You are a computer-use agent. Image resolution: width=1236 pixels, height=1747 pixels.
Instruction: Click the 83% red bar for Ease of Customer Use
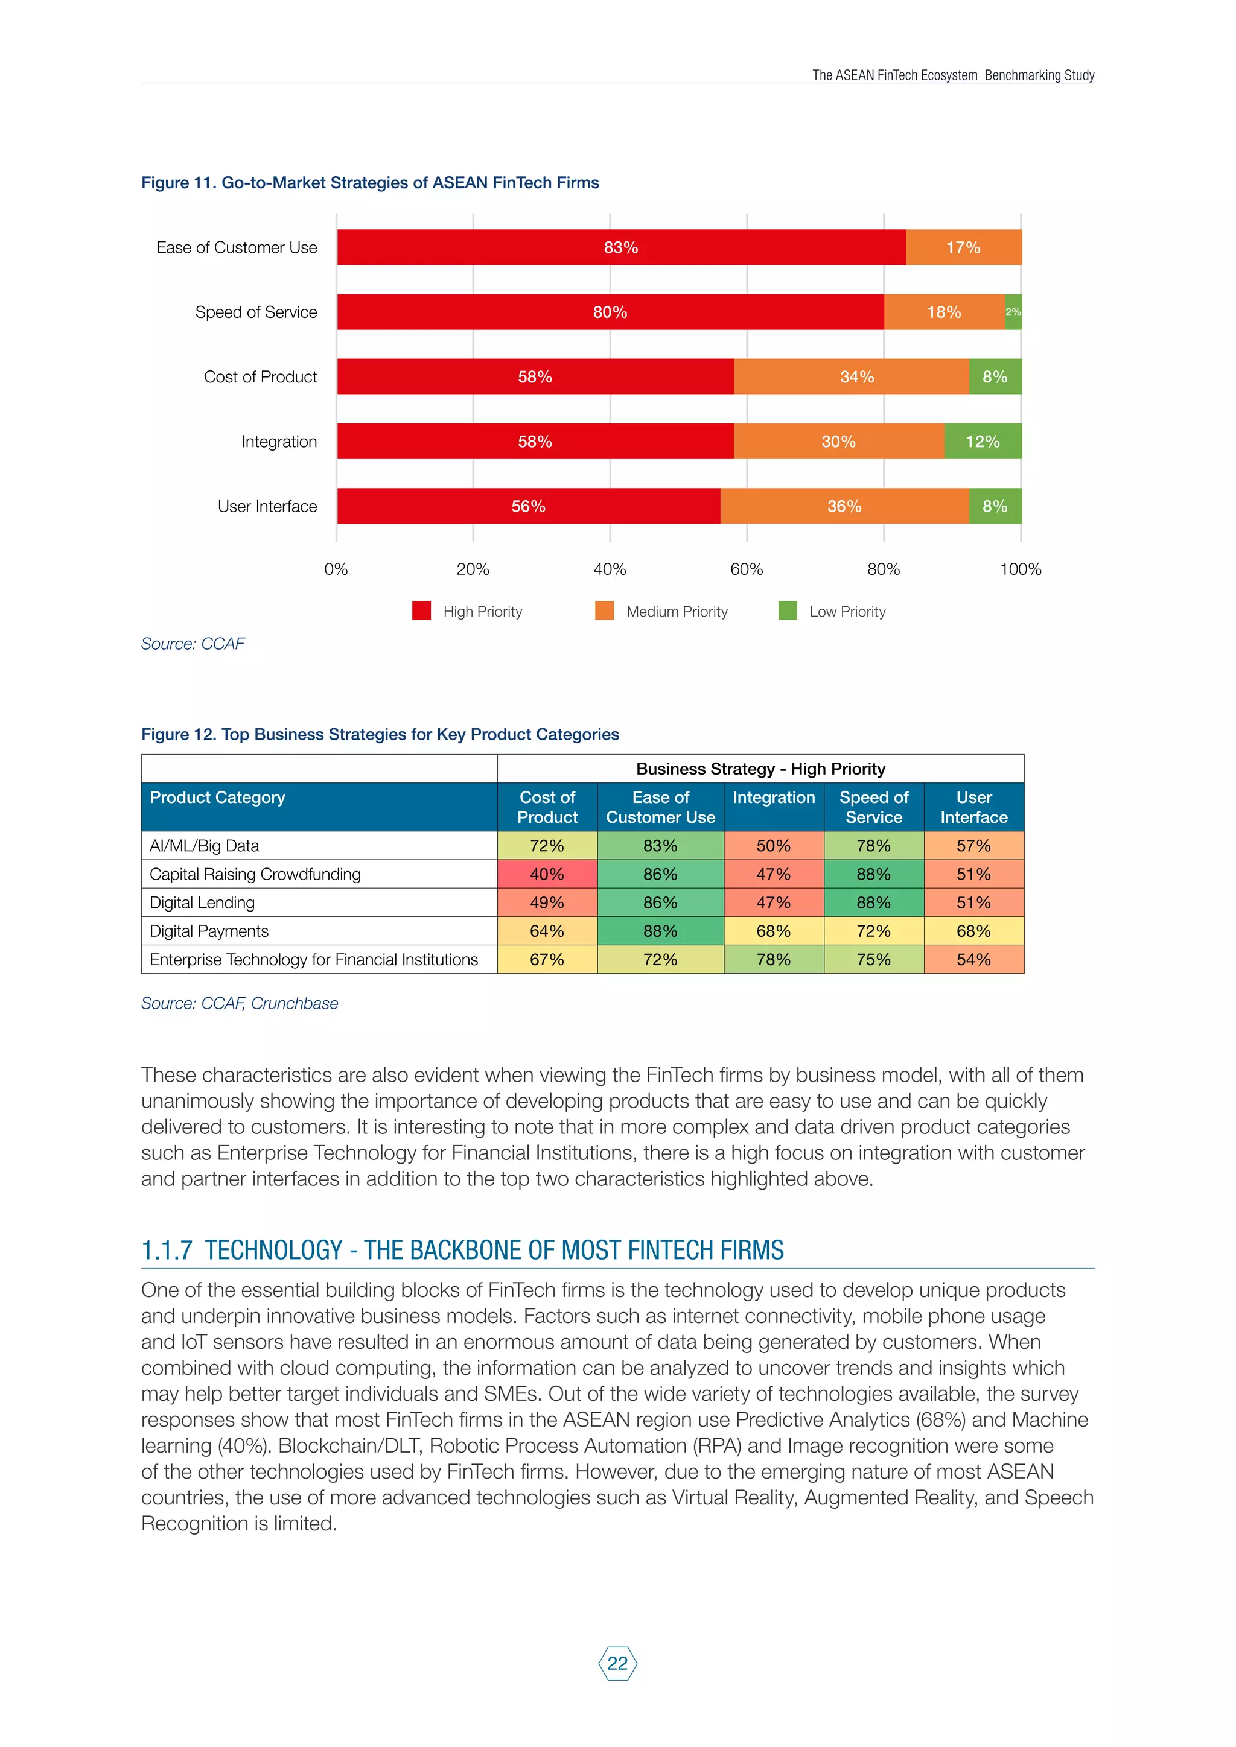(621, 247)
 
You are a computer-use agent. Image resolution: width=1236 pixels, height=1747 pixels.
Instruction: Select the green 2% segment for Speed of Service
(1013, 312)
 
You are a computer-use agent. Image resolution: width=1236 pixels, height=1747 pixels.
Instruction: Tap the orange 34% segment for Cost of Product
(856, 376)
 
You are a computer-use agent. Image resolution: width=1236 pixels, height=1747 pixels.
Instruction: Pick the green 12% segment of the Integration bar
(983, 442)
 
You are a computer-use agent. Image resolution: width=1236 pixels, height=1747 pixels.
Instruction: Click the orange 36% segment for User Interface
(844, 506)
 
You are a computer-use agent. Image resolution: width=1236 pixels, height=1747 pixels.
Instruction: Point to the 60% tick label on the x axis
(747, 569)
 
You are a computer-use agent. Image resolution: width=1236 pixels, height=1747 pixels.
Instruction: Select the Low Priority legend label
(847, 612)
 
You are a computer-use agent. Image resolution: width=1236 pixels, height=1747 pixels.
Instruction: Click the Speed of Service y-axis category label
(256, 312)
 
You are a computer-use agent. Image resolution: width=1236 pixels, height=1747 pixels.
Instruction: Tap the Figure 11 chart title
(370, 183)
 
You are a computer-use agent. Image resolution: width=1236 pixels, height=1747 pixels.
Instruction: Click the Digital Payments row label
(209, 931)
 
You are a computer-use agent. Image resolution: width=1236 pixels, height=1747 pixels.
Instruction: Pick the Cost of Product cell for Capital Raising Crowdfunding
(547, 874)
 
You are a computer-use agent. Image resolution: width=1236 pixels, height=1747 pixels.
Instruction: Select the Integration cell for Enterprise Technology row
(773, 960)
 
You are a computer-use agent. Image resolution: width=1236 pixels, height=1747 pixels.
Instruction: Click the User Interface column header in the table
(973, 807)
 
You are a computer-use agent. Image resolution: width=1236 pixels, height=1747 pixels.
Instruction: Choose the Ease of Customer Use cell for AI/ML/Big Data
(660, 845)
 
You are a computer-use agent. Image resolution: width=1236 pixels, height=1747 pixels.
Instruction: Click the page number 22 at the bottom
(618, 1663)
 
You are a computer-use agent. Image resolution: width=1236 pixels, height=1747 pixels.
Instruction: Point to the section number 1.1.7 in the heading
(167, 1250)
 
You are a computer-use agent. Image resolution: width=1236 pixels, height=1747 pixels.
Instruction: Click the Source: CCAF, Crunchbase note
(240, 1004)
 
